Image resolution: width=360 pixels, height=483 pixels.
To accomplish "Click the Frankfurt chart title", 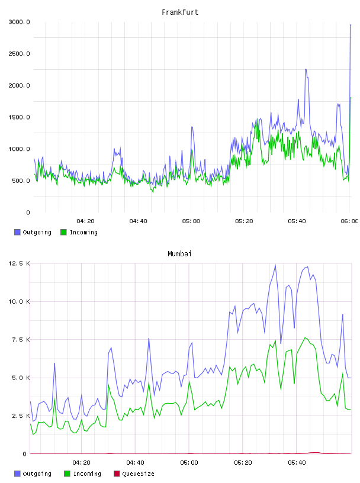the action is tap(180, 12).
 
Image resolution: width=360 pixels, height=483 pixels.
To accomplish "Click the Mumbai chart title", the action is tap(179, 254).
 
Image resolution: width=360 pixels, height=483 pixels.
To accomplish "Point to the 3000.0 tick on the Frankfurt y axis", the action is tap(19, 22).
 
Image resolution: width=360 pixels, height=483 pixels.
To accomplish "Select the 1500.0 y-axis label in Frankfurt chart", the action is tap(19, 117).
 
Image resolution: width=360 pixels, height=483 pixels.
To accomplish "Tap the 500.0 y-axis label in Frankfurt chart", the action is tap(21, 181).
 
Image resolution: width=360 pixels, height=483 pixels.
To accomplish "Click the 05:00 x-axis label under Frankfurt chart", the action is tap(191, 221).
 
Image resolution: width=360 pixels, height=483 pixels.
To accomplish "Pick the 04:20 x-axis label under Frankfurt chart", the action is tap(85, 221).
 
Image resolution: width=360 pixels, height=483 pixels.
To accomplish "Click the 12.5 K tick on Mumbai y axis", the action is tap(19, 263).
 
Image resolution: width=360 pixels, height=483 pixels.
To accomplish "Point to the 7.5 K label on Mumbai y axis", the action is tap(21, 340).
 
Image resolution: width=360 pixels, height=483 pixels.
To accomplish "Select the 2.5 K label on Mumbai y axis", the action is tap(21, 416).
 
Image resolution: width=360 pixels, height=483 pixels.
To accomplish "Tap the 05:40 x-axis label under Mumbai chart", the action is tap(297, 463).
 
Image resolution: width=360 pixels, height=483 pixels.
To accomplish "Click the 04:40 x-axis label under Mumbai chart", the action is tap(136, 463).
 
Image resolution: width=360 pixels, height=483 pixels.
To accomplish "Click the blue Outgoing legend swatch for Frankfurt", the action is tap(17, 232).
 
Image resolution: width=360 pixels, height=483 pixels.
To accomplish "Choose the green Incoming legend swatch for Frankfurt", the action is tap(63, 232).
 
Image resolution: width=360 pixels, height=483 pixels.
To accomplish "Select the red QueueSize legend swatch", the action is tap(117, 474).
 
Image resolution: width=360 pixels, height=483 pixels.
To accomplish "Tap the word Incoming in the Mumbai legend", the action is tap(87, 474).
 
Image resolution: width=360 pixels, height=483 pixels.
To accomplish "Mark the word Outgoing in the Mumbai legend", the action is tap(37, 474).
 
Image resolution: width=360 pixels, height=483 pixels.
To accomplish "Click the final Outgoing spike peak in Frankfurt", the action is tap(351, 25).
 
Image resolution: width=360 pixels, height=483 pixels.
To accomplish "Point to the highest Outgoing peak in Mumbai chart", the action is tap(275, 265).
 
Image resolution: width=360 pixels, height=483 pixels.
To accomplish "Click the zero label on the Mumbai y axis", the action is tap(25, 454).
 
